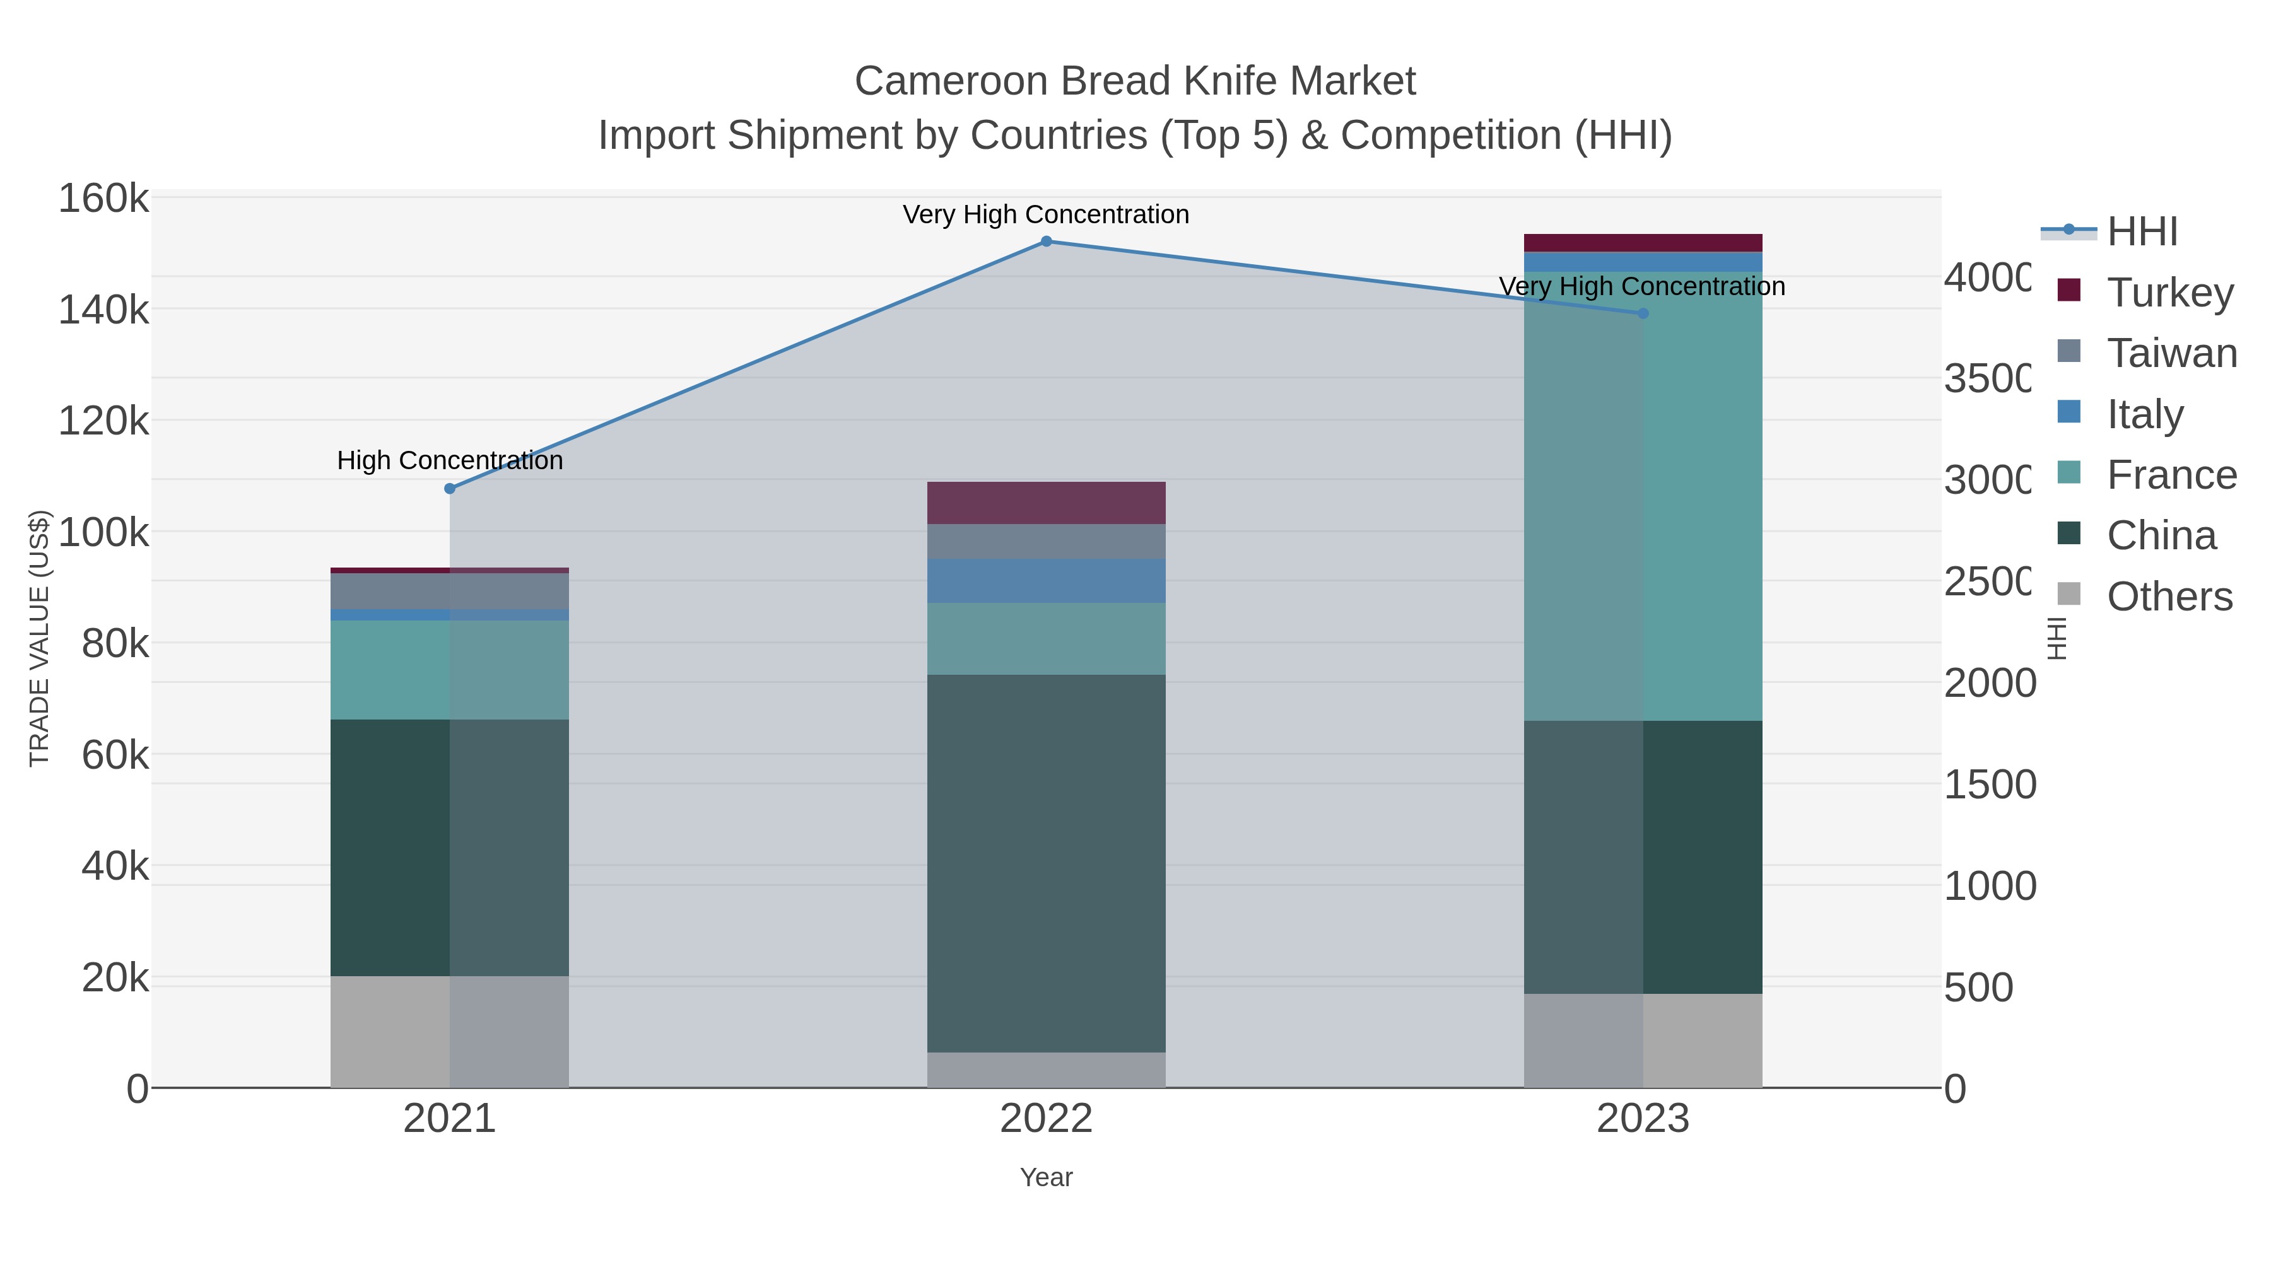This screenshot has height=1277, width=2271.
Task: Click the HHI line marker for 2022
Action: click(1047, 242)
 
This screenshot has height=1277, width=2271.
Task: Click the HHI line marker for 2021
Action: click(450, 488)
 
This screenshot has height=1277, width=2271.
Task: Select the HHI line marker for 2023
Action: click(1643, 313)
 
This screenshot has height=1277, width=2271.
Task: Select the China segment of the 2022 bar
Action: click(1047, 864)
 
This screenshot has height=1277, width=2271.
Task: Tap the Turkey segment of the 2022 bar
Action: click(1047, 503)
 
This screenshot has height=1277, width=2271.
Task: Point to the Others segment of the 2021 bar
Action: click(450, 1032)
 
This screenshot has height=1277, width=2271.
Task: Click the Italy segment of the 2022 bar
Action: click(1047, 581)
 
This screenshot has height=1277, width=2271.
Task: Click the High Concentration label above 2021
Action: click(450, 461)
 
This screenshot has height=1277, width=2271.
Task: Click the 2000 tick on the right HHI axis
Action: click(1990, 684)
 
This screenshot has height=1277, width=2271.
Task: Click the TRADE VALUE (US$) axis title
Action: click(40, 638)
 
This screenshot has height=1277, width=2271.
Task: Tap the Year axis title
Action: click(1047, 1177)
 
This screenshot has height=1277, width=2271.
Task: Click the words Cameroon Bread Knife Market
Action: click(1135, 81)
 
